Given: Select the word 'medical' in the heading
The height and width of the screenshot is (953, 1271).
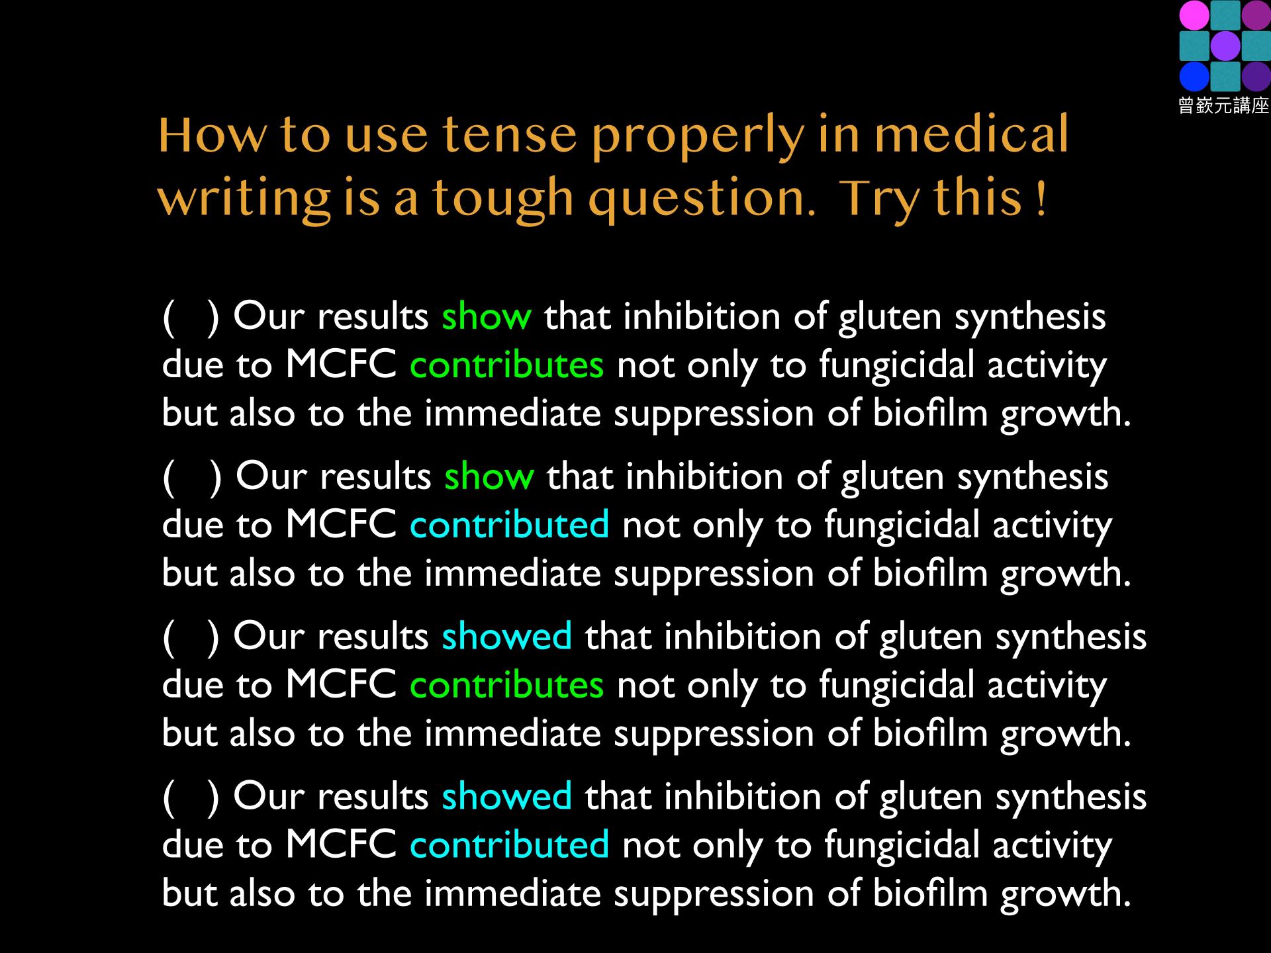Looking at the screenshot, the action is coord(971,133).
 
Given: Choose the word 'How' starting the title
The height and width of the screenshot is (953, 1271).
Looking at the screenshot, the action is coord(213,135).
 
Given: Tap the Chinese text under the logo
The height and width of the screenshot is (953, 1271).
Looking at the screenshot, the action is coord(1223,105).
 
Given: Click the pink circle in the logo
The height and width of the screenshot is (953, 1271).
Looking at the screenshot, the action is coord(1194,15).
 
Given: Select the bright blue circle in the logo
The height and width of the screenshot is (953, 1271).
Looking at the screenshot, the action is coord(1194,76).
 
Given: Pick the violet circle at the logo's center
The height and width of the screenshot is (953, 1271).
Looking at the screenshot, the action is coord(1225,46).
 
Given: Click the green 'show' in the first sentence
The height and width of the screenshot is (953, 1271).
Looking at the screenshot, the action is coord(487,316).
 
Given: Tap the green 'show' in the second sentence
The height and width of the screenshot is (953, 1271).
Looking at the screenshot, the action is coord(489,476).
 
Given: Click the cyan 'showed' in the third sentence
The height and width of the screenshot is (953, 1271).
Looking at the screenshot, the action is coord(507,636).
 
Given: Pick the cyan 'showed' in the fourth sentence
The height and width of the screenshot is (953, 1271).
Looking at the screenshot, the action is coord(507,796).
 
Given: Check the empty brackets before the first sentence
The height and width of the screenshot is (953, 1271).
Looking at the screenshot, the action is coord(191,318).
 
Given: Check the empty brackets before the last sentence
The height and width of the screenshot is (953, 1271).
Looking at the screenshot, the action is coord(191,798).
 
